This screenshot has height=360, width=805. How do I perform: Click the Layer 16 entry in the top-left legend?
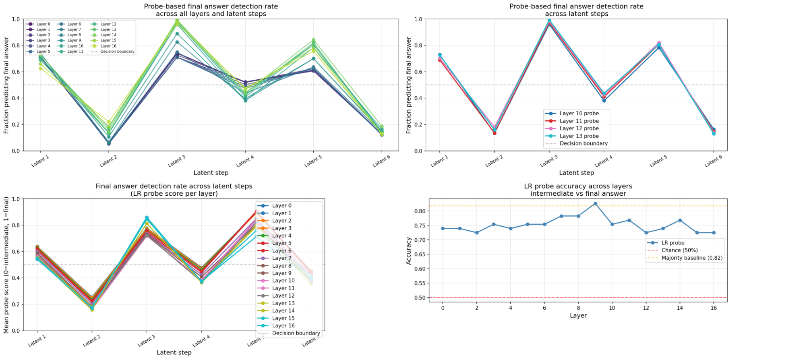point(108,46)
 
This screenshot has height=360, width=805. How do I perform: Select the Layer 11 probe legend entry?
point(579,121)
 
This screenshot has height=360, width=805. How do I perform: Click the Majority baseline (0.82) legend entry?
point(691,258)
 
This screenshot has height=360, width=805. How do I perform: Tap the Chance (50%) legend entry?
point(679,250)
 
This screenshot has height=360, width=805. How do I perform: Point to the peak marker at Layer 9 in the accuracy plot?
point(595,204)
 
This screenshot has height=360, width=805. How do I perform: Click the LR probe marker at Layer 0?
point(443,228)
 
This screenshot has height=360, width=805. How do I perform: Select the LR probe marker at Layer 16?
point(714,233)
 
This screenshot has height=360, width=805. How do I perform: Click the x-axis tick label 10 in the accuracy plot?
point(612,308)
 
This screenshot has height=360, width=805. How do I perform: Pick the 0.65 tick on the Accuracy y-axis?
point(420,254)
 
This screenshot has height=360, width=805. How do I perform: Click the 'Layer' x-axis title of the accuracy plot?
point(578,315)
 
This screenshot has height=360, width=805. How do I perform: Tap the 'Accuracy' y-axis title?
point(409,250)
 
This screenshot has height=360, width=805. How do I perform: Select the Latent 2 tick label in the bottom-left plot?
point(92,341)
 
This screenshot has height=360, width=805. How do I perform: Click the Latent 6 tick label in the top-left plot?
point(381,161)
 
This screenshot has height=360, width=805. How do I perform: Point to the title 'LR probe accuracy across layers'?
point(578,186)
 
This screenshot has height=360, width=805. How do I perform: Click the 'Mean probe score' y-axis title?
point(6,265)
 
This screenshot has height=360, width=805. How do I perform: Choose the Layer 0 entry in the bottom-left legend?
point(281,205)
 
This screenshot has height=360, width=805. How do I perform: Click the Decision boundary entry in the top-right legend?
point(583,143)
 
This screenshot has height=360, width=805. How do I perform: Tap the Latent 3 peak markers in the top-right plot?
point(549,21)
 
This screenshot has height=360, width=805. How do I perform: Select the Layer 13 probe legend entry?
point(579,136)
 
